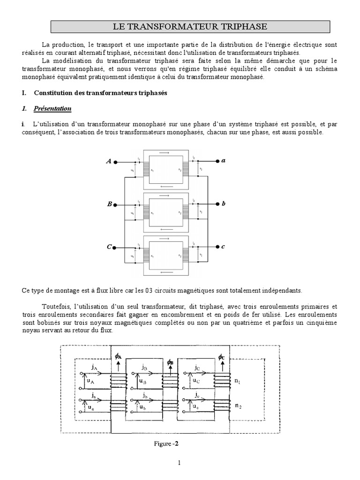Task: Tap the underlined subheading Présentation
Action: pos(52,109)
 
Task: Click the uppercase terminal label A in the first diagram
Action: pos(109,161)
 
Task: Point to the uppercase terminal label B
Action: pos(109,204)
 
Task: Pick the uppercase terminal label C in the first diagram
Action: pos(109,247)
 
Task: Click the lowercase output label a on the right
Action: pos(224,160)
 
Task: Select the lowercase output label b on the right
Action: pos(224,203)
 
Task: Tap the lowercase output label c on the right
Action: pos(224,247)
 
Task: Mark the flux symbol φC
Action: pos(221,357)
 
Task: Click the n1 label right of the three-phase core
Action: pos(238,381)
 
